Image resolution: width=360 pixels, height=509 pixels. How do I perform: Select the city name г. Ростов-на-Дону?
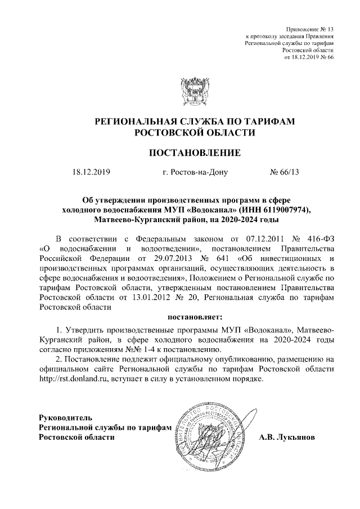[195, 172]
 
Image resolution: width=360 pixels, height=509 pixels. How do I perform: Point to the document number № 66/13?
[285, 172]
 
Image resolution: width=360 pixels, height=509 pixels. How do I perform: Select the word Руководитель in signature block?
[64, 418]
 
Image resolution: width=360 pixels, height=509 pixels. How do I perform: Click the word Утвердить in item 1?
[87, 328]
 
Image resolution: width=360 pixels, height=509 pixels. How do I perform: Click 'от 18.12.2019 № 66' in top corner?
[310, 57]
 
